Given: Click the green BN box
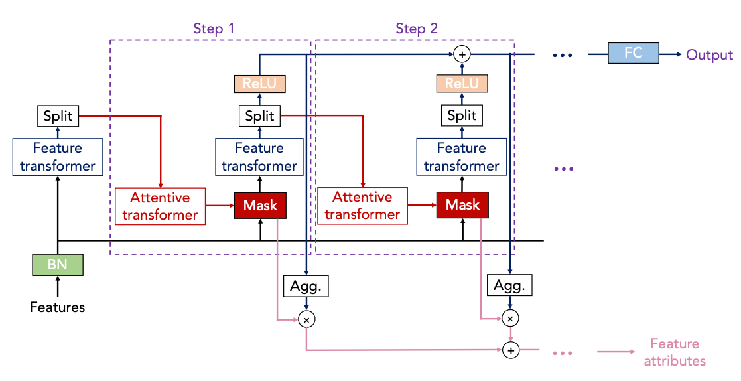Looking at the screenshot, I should pyautogui.click(x=58, y=266).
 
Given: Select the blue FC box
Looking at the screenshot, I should pyautogui.click(x=634, y=52).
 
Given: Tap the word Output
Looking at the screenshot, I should pyautogui.click(x=709, y=54).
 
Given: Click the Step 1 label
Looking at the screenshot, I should pyautogui.click(x=214, y=29).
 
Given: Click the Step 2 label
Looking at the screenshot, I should pyautogui.click(x=417, y=29).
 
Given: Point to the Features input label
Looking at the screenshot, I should pyautogui.click(x=58, y=307).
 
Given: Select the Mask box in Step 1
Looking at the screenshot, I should pyautogui.click(x=260, y=205).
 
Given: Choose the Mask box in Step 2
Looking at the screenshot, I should pyautogui.click(x=462, y=205).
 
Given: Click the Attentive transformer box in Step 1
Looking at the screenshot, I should pyautogui.click(x=160, y=206).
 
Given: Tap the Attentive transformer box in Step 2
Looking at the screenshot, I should pyautogui.click(x=362, y=206).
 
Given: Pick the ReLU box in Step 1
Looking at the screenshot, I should pyautogui.click(x=259, y=84).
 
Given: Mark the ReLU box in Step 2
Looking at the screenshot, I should pyautogui.click(x=462, y=84).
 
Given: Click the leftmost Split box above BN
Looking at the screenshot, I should pyautogui.click(x=58, y=117).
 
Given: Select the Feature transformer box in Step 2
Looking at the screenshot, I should pyautogui.click(x=462, y=157).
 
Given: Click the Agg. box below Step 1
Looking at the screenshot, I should pyautogui.click(x=306, y=286).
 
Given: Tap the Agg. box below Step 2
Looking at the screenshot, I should pyautogui.click(x=509, y=286).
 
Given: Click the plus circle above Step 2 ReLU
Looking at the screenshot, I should pyautogui.click(x=462, y=54).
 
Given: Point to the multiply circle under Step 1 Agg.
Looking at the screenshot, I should pyautogui.click(x=306, y=319).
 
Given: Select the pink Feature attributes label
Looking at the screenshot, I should pyautogui.click(x=675, y=352).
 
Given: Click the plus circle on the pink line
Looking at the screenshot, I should pyautogui.click(x=509, y=350).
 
